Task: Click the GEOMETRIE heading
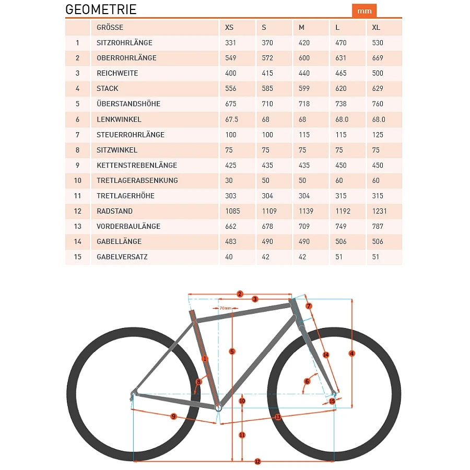pos(101,10)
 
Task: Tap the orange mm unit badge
pos(365,11)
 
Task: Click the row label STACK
pos(108,88)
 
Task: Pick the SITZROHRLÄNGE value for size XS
pos(231,42)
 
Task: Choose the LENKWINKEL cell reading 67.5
pos(231,119)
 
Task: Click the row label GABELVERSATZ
pos(122,257)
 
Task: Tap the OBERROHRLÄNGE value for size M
pos(304,58)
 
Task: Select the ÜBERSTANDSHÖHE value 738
pos(342,104)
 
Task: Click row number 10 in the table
pos(78,180)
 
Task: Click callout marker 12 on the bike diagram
pos(257,461)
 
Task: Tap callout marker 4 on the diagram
pos(352,354)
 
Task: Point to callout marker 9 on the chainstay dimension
pos(173,416)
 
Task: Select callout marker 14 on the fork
pos(326,355)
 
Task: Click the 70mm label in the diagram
pos(225,309)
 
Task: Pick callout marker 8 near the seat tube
pos(199,382)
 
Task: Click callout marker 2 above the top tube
pos(240,293)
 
